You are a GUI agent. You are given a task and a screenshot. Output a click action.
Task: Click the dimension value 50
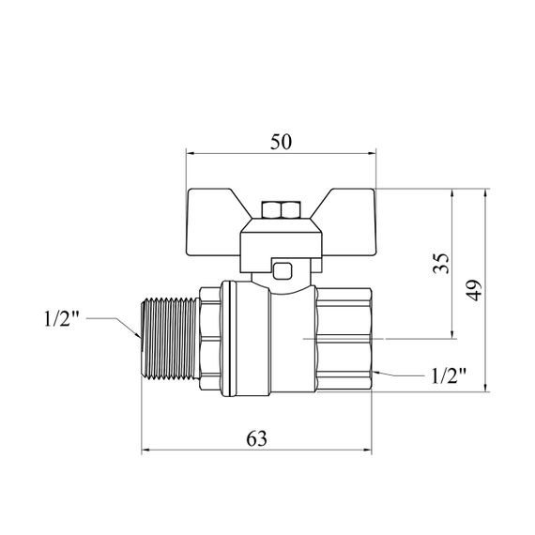pos(282,142)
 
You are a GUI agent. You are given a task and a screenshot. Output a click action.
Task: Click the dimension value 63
pos(256,438)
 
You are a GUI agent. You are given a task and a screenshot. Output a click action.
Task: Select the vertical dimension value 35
pos(440,263)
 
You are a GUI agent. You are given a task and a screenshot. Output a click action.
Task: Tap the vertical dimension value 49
pos(474,290)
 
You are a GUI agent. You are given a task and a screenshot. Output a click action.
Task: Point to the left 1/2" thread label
pos(62,319)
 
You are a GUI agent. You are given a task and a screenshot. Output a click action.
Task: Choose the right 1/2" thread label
pos(449,376)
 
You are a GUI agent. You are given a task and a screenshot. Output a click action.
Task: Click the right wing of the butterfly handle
pos(344,222)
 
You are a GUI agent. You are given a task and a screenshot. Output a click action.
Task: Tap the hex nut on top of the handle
pos(281,210)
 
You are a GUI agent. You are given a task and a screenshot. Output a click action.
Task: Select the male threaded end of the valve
pos(170,338)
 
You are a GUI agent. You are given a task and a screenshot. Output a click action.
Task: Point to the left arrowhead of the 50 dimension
pos(190,154)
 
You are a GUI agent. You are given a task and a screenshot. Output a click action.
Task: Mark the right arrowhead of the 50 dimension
pos(372,154)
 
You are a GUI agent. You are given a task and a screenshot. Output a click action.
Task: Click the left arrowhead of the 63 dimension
pos(145,450)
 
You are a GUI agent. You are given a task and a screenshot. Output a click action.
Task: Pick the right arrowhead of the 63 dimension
pos(368,450)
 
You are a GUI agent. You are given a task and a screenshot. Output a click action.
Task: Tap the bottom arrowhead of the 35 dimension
pos(452,335)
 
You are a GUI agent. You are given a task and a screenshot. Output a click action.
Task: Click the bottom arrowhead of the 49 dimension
pos(485,388)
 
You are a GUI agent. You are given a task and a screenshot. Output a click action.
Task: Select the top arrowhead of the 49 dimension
pos(485,192)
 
